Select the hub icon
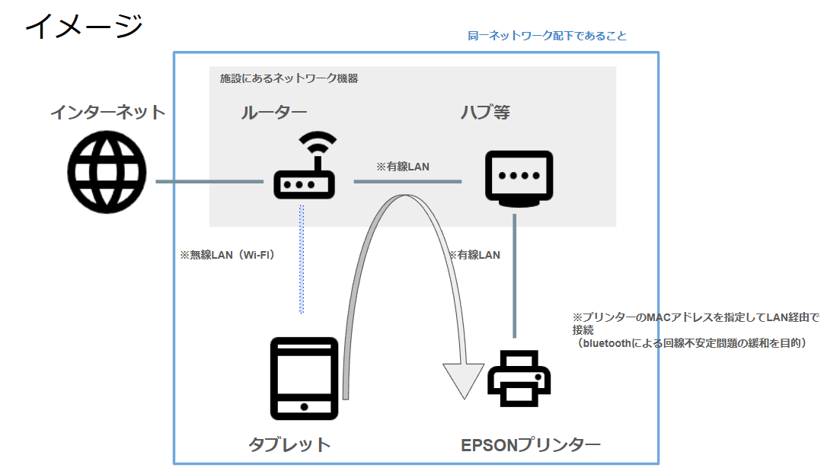tap(519, 178)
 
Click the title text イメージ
tap(84, 26)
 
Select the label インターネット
tap(107, 113)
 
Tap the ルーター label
tap(273, 113)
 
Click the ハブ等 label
tap(484, 113)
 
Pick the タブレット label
tap(289, 444)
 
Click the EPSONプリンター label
tap(530, 444)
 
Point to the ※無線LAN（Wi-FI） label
tap(227, 256)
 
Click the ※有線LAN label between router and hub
tap(403, 166)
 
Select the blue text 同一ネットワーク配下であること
tap(547, 36)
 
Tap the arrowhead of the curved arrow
tap(464, 380)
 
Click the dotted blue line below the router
tap(302, 259)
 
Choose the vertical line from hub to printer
tap(515, 275)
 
